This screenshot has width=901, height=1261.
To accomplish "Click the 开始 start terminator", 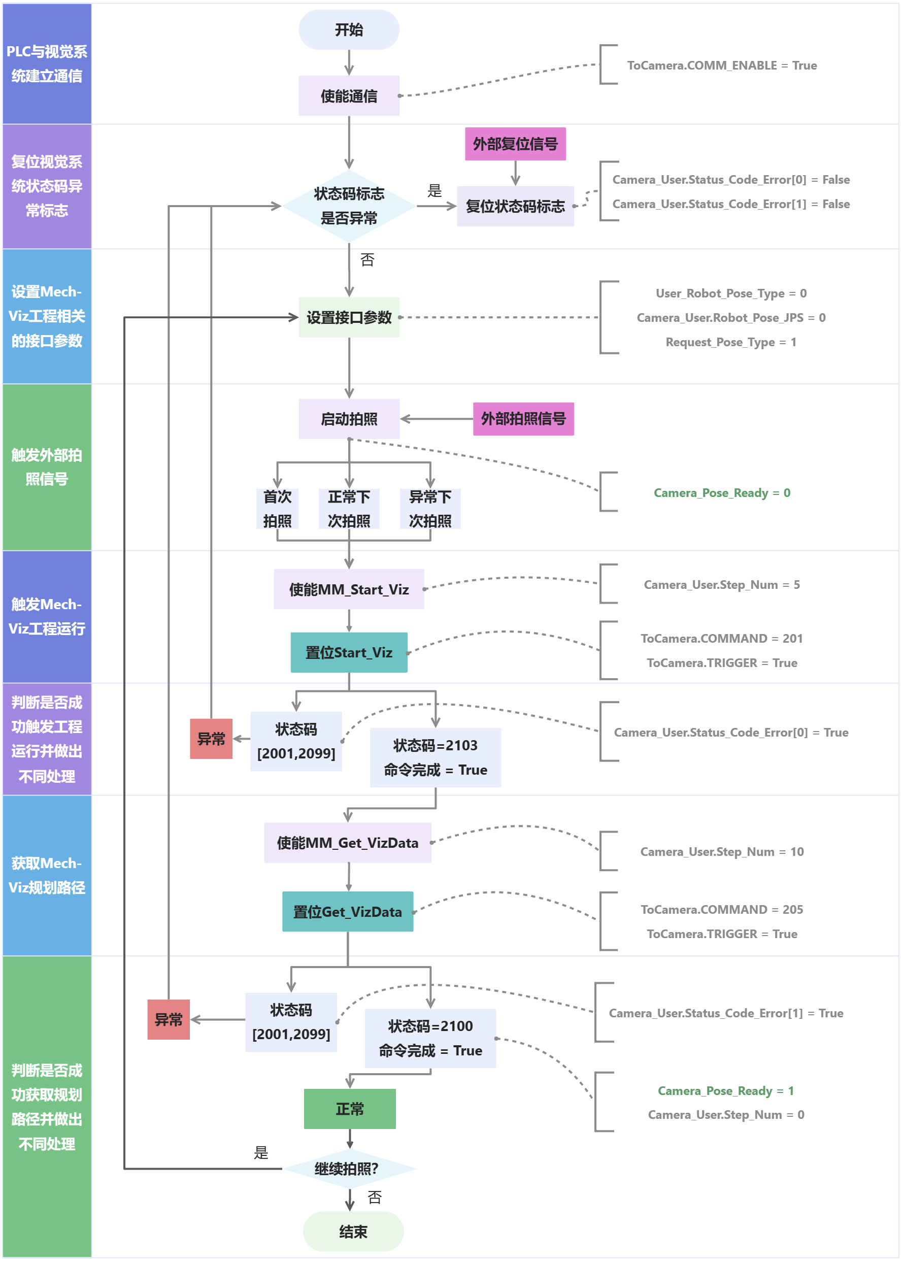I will (348, 30).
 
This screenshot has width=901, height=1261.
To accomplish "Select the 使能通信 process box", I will (348, 96).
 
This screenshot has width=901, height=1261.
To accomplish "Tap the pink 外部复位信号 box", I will (515, 144).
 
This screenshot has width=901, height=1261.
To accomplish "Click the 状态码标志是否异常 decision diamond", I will (348, 206).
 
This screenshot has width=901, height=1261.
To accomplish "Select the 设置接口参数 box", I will (348, 317).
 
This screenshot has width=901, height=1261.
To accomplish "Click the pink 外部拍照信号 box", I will (523, 419).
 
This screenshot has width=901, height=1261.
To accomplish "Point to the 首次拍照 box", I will (277, 509).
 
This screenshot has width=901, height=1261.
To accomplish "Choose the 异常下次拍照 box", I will (429, 509).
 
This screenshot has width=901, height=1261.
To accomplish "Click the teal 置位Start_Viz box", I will (348, 652).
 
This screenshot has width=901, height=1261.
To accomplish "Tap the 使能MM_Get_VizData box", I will (347, 843).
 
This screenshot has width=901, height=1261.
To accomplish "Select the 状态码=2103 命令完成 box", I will (435, 758).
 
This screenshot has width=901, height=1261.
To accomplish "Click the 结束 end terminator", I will (353, 1232).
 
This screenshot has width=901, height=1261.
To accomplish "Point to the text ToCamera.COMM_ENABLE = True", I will (721, 65).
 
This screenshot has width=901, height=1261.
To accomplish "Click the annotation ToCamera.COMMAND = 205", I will (721, 909).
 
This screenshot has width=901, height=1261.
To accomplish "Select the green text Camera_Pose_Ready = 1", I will (725, 1091).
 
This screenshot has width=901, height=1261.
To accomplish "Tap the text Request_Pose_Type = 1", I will (730, 342).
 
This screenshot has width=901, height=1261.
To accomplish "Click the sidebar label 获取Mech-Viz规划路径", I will (47, 875).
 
